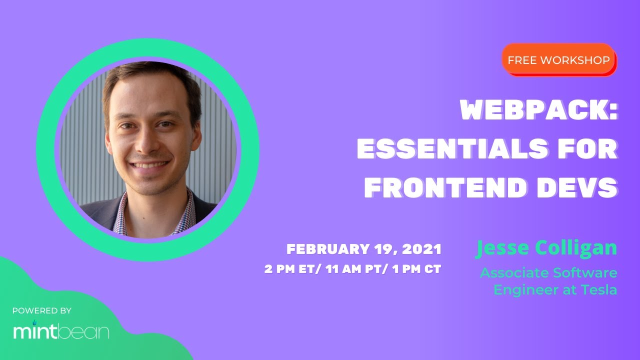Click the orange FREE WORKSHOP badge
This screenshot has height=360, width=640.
click(x=558, y=60)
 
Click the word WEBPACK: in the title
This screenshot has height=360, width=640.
click(x=538, y=110)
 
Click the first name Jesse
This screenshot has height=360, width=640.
click(x=503, y=248)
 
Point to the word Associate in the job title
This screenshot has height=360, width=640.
click(x=514, y=273)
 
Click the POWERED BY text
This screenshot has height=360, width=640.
click(x=42, y=311)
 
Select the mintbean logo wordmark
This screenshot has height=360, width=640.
click(x=61, y=331)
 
